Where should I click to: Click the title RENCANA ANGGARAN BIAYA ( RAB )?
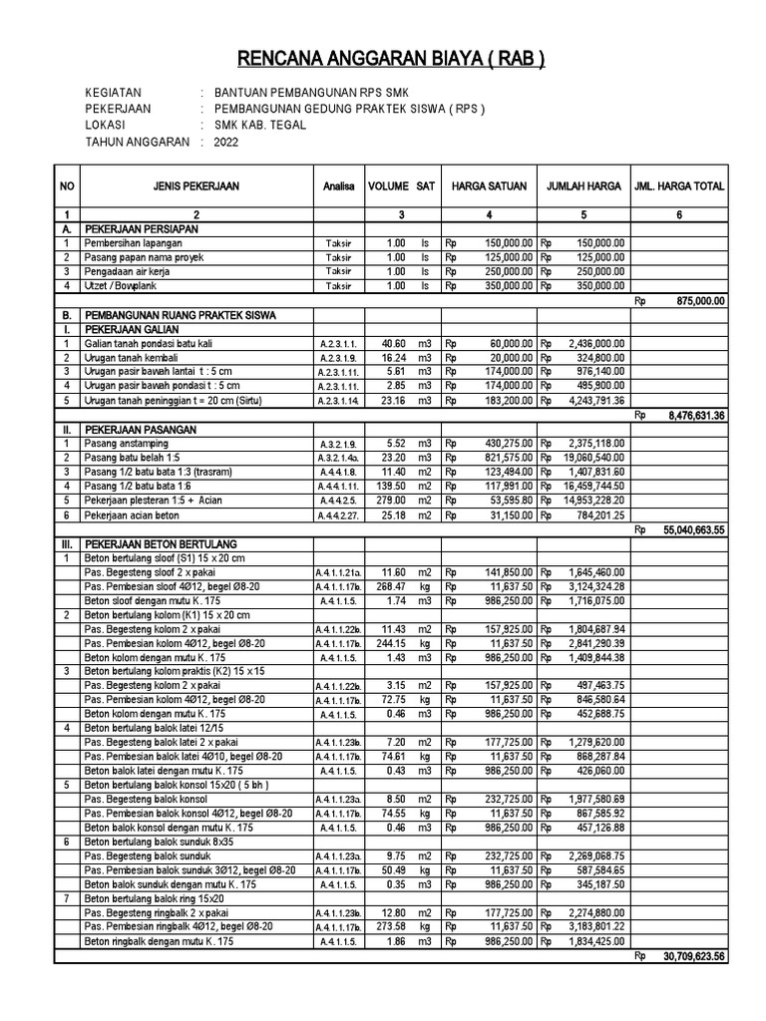[x=382, y=57]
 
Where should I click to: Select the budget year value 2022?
[x=227, y=143]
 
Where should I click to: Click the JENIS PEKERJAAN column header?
[x=195, y=186]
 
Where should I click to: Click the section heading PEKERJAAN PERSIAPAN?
[x=141, y=228]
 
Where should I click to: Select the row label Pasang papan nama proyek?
[x=143, y=256]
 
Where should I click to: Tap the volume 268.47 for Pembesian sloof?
[x=388, y=588]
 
